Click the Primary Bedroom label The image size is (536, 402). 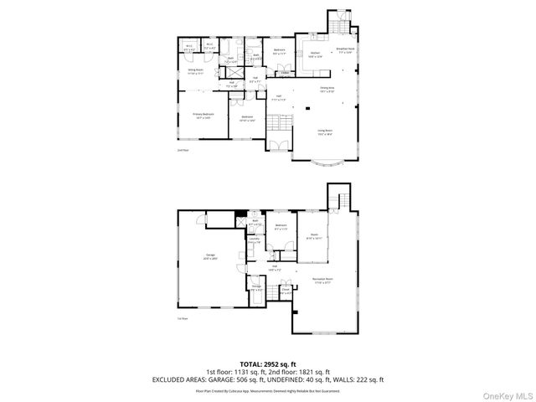pyautogui.click(x=204, y=115)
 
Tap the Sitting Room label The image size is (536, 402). pyautogui.click(x=197, y=73)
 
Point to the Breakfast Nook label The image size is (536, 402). pyautogui.click(x=345, y=50)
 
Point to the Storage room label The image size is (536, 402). pyautogui.click(x=257, y=290)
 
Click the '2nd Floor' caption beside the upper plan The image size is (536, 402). pyautogui.click(x=182, y=151)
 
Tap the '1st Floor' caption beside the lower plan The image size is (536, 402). pyautogui.click(x=182, y=319)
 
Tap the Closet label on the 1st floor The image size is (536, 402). pyautogui.click(x=286, y=292)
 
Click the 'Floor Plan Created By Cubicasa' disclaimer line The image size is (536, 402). pyautogui.click(x=268, y=390)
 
